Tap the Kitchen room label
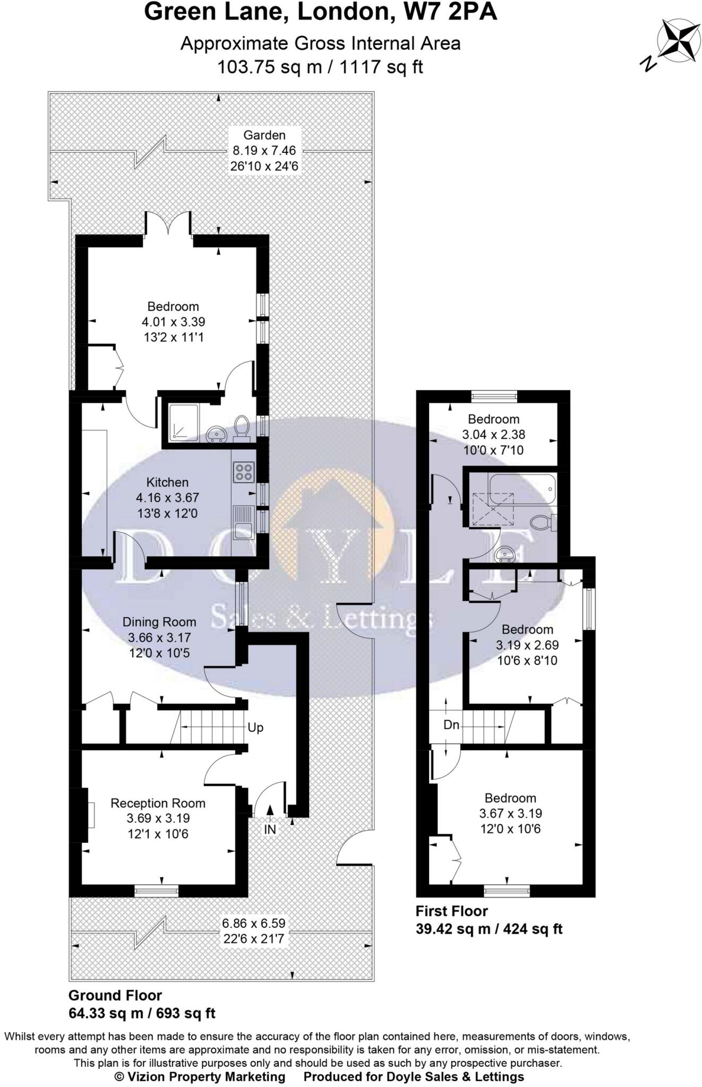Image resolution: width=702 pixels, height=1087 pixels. (x=167, y=482)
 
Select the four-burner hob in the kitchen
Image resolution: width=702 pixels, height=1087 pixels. (x=244, y=472)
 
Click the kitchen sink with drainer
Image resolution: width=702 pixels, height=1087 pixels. (x=244, y=522)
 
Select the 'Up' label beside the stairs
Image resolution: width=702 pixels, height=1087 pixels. (x=255, y=728)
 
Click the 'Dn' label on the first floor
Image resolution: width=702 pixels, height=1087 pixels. (x=451, y=724)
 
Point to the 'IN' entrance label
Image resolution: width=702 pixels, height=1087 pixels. (x=270, y=829)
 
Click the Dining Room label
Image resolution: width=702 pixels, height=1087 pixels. (x=159, y=622)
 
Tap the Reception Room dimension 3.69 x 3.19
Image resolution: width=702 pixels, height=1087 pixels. (x=158, y=818)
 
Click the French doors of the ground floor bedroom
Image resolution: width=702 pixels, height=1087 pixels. (x=168, y=223)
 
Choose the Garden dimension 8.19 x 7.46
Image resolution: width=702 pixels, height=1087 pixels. (x=264, y=151)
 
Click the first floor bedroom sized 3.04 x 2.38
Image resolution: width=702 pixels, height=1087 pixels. (x=493, y=434)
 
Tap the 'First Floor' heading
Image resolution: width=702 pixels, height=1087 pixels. (x=451, y=911)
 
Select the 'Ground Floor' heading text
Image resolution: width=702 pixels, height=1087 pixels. (x=115, y=995)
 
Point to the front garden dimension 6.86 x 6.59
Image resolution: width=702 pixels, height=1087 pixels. (x=254, y=923)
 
